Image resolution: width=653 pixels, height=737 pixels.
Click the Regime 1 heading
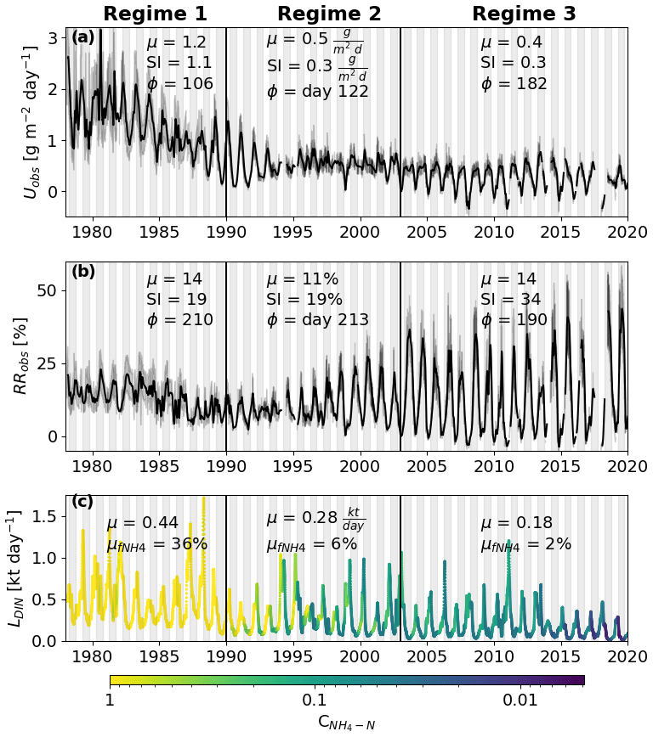155,14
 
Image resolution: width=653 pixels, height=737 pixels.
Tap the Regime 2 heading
329,14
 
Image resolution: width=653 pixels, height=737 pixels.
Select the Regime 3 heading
524,14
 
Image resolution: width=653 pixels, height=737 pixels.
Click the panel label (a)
83,37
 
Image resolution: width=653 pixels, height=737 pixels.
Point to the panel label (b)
83,272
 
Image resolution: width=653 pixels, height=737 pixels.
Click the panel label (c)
83,501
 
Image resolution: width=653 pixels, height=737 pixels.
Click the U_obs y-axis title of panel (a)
31,124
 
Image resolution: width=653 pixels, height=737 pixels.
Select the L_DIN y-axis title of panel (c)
15,569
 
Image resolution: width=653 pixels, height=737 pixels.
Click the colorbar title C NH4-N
347,723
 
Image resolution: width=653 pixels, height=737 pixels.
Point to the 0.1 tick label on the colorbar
314,700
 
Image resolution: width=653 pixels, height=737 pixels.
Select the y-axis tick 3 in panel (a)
52,38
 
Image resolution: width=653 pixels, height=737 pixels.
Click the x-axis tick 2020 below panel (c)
627,659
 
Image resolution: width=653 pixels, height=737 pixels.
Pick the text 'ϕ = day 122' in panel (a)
317,92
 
